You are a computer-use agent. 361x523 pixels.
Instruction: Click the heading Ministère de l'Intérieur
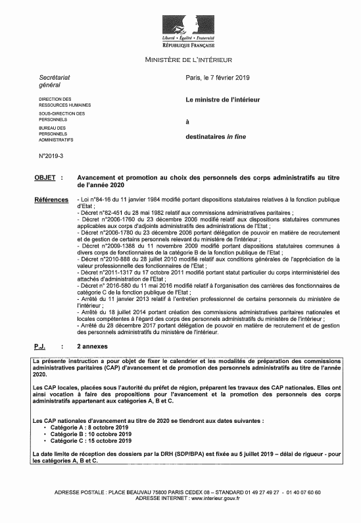[180, 61]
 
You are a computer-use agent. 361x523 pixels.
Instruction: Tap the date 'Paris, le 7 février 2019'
[224, 78]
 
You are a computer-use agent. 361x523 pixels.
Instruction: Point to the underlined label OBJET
[45, 178]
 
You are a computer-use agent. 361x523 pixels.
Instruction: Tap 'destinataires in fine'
[218, 136]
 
